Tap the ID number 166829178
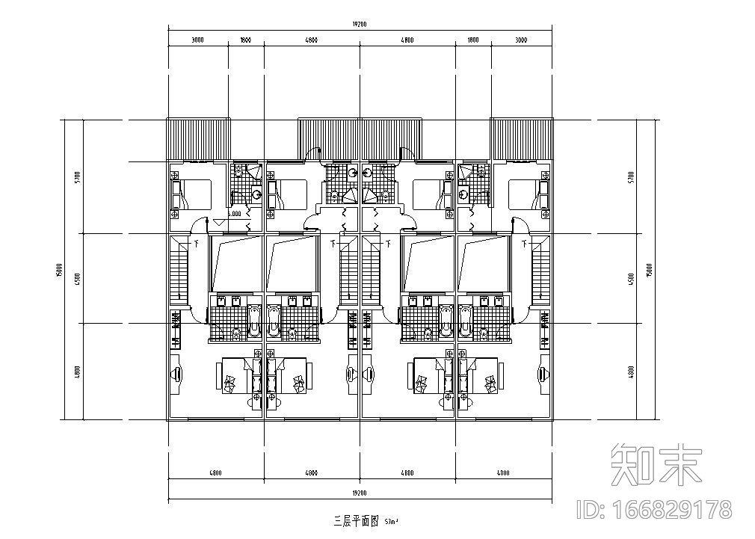point(655,510)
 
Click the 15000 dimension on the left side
point(58,269)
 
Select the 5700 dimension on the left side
point(77,177)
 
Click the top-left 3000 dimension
point(197,40)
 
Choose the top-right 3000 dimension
point(520,40)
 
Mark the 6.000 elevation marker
point(233,214)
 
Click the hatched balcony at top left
point(198,139)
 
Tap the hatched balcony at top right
point(522,139)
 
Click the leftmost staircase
point(180,271)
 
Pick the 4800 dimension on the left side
point(77,372)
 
